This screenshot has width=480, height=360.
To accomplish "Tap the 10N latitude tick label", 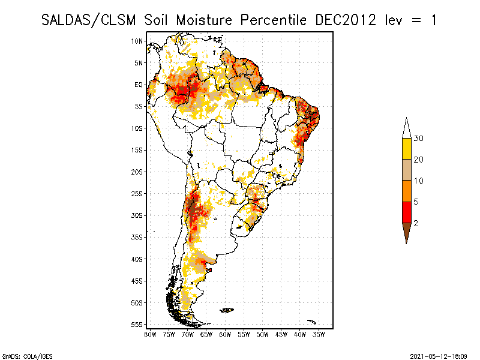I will click(137, 41).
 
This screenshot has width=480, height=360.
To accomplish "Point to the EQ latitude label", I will click(139, 85).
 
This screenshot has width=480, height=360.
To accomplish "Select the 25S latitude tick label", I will click(137, 194).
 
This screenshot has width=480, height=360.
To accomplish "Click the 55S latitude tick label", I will click(137, 325).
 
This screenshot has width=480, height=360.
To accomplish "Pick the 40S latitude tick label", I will click(137, 259).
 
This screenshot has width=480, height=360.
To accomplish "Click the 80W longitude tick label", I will click(150, 334).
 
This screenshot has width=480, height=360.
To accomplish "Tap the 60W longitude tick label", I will click(225, 334).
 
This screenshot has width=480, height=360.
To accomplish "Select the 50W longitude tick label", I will click(262, 334).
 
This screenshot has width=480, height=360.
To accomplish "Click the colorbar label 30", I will click(419, 139).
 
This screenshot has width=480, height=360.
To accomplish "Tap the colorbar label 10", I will click(418, 181).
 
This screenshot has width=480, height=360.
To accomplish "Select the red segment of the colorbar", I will click(406, 212).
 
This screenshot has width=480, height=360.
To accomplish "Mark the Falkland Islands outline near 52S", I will click(227, 310).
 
